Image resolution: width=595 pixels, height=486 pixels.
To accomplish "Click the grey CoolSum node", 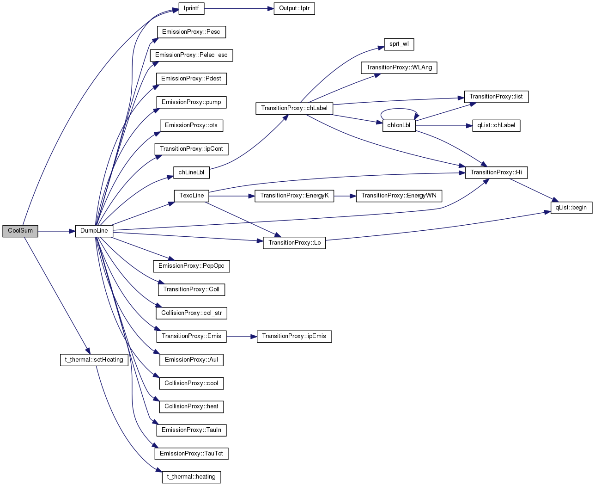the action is [20, 231].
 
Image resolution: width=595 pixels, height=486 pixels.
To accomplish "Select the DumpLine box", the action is [94, 231].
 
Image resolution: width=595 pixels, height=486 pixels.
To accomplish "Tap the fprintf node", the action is [191, 8].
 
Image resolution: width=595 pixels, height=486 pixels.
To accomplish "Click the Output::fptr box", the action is [294, 8].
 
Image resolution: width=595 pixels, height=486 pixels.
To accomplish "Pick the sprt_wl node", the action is [399, 44].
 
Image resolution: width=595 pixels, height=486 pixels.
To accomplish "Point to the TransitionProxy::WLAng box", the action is [399, 68].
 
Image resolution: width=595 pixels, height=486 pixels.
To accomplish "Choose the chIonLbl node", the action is [399, 126].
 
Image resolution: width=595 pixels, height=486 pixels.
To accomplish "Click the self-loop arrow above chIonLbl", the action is [399, 109].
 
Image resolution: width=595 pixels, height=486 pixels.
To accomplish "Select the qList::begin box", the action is [571, 208].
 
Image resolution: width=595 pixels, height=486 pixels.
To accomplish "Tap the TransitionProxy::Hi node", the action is [496, 172].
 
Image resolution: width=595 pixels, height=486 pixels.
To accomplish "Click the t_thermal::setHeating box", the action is [94, 360].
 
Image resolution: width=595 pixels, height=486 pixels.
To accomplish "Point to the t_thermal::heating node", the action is [191, 477].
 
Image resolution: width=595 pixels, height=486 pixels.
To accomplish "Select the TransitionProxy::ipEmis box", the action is [294, 337].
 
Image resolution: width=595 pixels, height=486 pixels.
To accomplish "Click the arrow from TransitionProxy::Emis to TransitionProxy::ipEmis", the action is [242, 337].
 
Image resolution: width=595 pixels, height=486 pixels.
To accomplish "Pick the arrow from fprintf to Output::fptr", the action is [239, 8].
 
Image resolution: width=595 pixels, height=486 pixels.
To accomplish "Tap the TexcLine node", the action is [191, 196].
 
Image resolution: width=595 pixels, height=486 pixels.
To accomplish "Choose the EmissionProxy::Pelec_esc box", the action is [191, 55].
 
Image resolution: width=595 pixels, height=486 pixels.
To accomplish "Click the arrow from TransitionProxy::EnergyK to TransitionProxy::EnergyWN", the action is [345, 196].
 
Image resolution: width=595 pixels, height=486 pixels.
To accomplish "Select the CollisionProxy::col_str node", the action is [191, 313].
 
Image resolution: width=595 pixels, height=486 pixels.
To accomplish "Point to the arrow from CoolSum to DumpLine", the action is [56, 231].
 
